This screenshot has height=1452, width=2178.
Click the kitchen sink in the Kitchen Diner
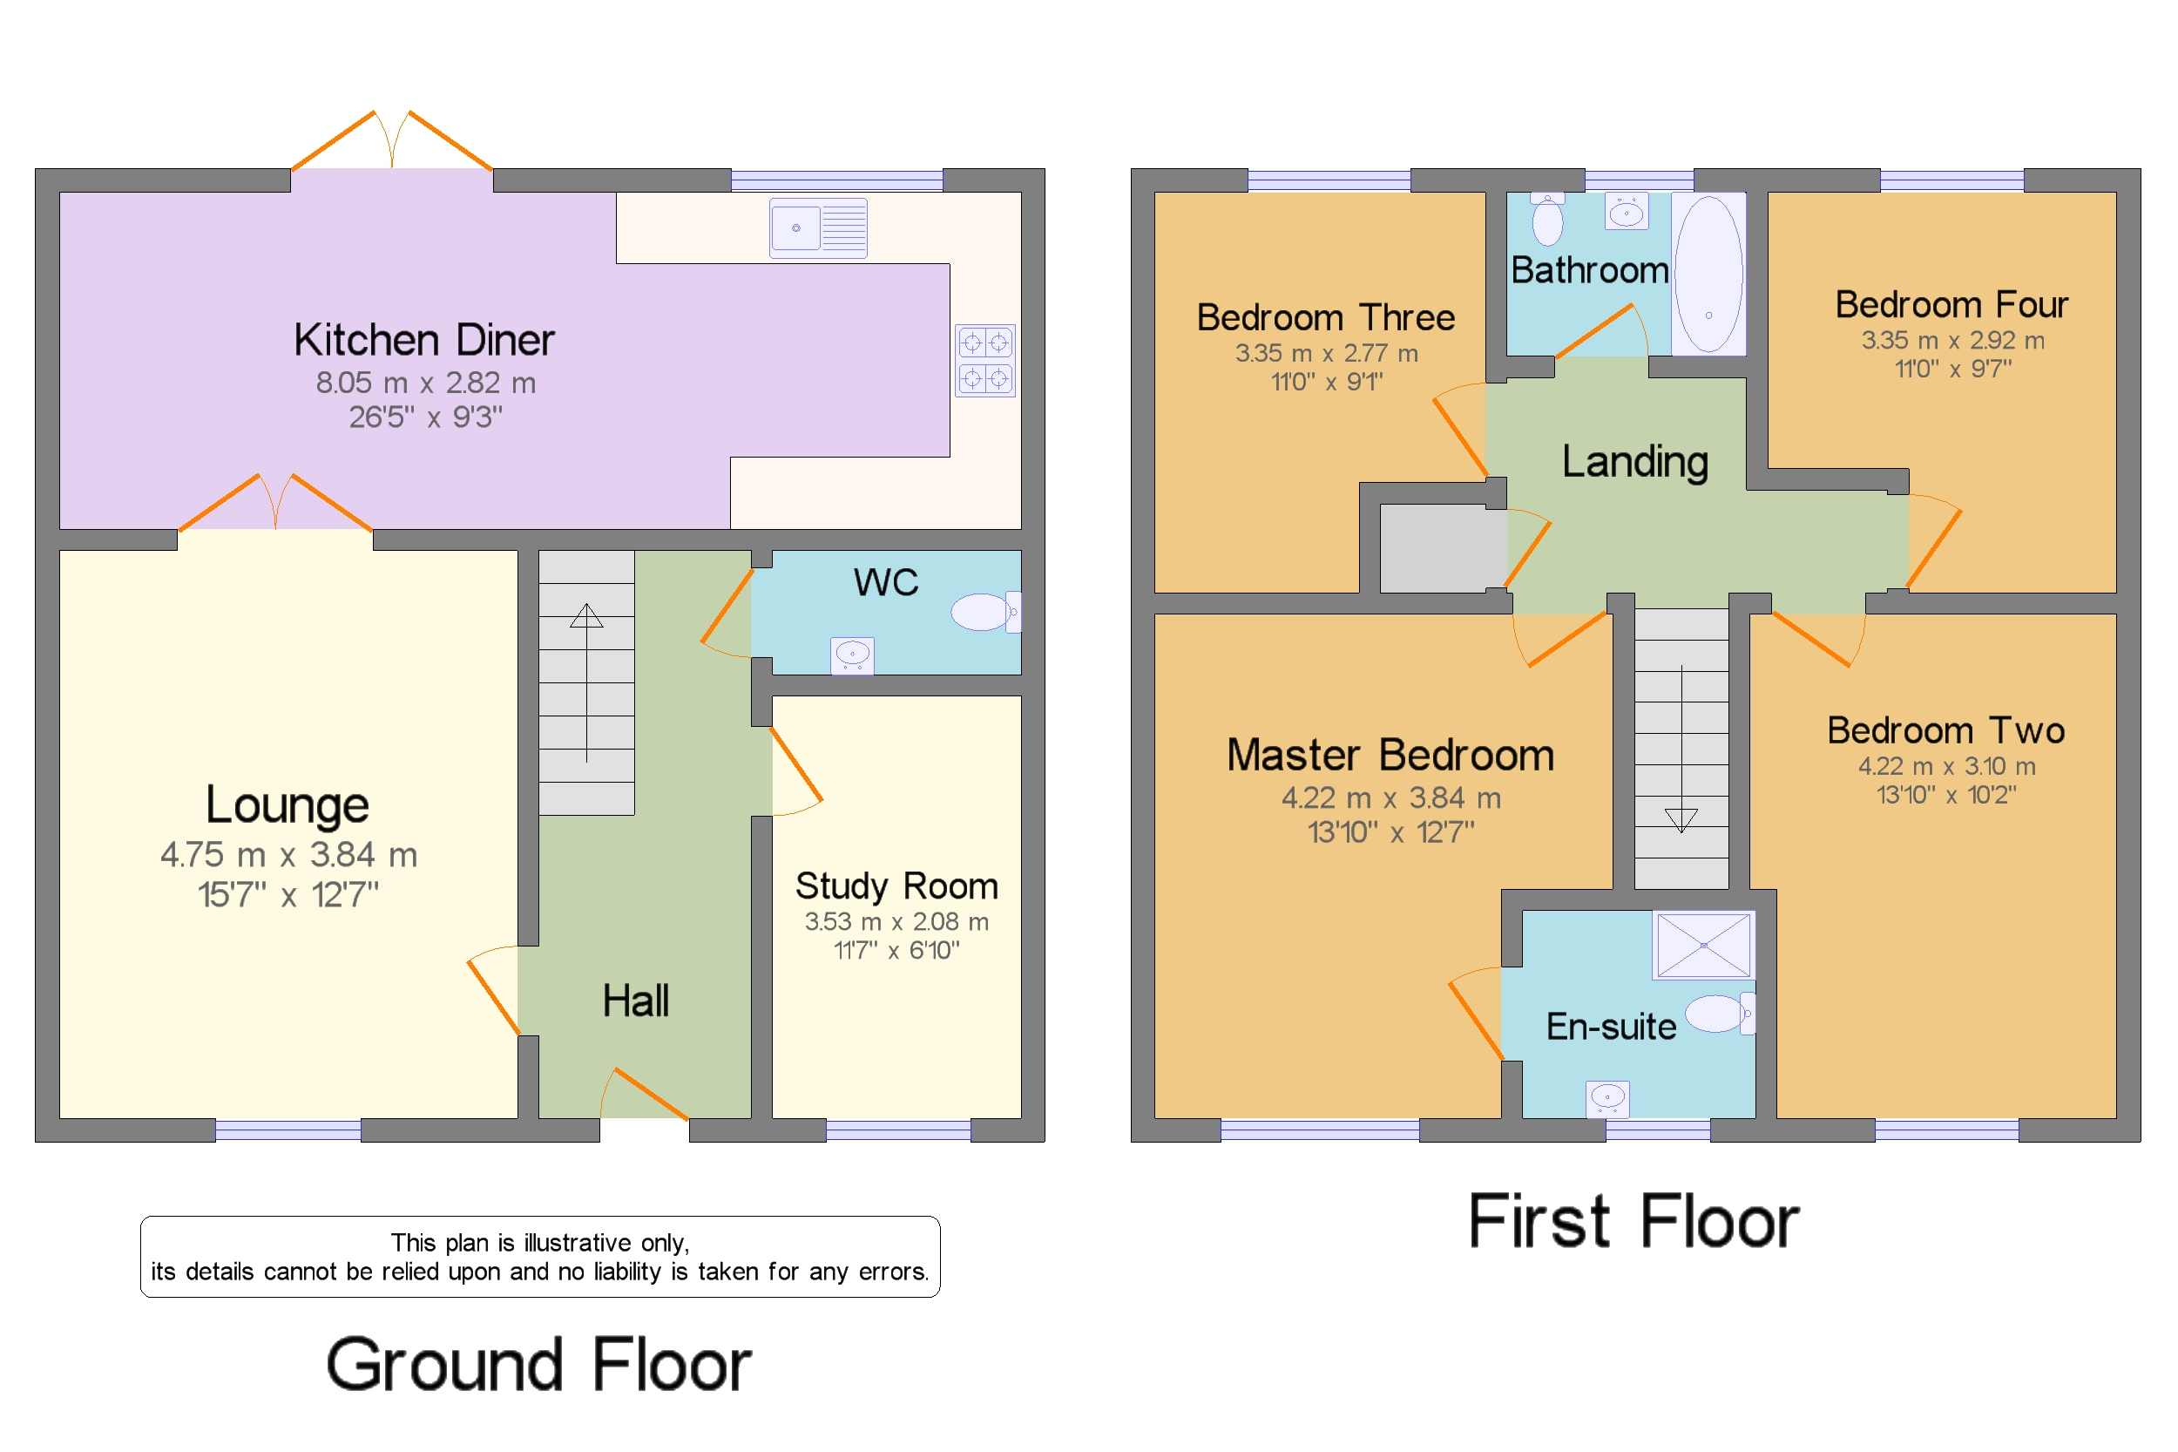point(818,227)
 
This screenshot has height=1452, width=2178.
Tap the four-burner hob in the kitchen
point(984,360)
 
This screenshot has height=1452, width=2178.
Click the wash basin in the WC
point(853,655)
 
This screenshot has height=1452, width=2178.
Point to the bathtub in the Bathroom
point(1708,273)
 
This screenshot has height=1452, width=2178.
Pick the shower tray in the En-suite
point(1703,946)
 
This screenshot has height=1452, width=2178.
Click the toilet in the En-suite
point(1720,1013)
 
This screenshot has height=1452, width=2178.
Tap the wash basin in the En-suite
point(1608,1099)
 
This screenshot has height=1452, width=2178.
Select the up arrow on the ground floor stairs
point(586,682)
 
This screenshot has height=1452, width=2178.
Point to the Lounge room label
point(287,804)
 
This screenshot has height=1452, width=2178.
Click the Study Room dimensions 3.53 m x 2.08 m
point(896,921)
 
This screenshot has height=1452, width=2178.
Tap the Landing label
point(1634,461)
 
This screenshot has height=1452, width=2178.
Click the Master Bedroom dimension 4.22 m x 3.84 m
point(1391,797)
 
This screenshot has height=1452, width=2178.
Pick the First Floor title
point(1633,1221)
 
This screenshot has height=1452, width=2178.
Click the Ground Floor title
point(538,1365)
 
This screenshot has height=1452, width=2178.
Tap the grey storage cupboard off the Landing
point(1443,548)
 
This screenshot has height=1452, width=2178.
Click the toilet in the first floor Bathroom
point(1546,220)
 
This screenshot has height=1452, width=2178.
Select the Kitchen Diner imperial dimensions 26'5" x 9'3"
point(426,417)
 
